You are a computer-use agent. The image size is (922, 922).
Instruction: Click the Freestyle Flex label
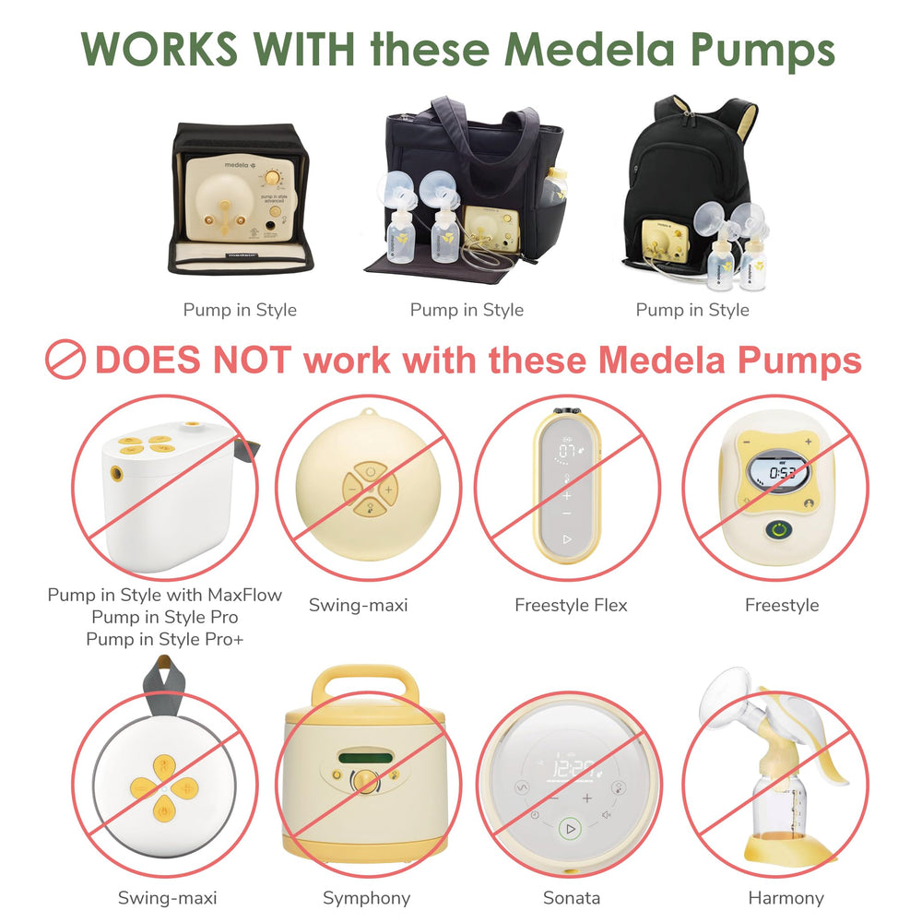pos(571,606)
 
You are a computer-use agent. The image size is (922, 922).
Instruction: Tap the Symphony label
pos(366,897)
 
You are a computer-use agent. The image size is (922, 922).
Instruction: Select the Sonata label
pos(572,897)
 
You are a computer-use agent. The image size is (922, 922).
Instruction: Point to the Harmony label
pos(786,897)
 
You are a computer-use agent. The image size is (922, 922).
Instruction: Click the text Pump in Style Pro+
pos(165,638)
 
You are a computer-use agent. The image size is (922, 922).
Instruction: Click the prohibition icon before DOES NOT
pos(65,360)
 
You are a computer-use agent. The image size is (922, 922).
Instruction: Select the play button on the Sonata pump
pos(571,829)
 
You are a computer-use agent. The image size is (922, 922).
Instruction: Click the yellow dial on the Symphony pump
pos(365,781)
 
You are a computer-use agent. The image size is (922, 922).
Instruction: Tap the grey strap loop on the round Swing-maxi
pos(167,677)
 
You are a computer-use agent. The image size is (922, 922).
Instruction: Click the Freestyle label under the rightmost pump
pos(782,606)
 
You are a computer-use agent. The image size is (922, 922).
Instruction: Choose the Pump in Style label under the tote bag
pos(467,310)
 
